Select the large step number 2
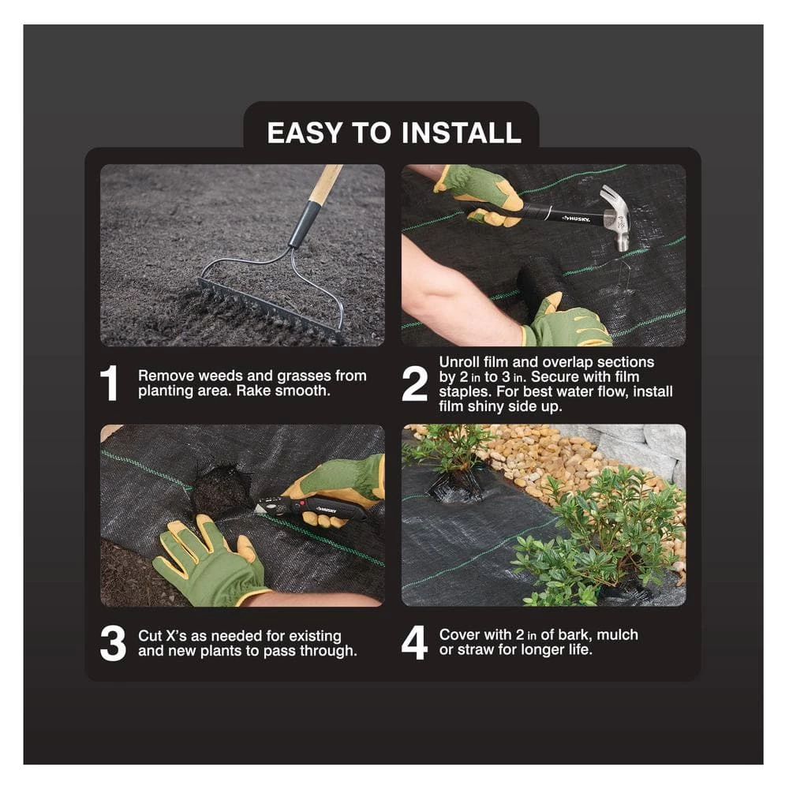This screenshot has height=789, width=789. pos(414,383)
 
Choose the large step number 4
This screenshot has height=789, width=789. pos(414,643)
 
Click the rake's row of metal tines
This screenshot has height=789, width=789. pos(268,312)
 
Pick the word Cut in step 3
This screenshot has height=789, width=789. pos(151,635)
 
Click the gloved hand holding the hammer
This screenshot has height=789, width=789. pos(480,192)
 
